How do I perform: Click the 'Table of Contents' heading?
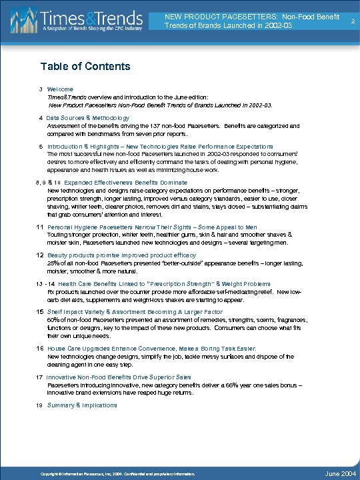pyautogui.click(x=85, y=66)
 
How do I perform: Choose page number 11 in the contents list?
pyautogui.click(x=40, y=228)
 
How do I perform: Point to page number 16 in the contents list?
pyautogui.click(x=40, y=348)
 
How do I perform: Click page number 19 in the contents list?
pyautogui.click(x=40, y=405)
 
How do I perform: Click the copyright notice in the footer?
pyautogui.click(x=116, y=473)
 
